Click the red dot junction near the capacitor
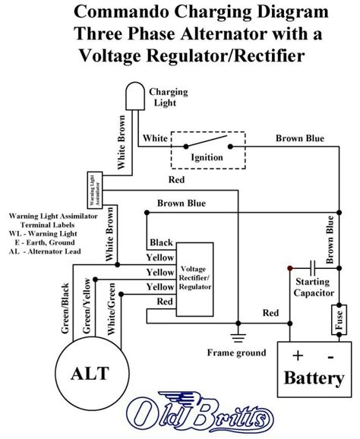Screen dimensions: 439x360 coord(289,267)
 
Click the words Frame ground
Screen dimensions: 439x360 coord(236,352)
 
